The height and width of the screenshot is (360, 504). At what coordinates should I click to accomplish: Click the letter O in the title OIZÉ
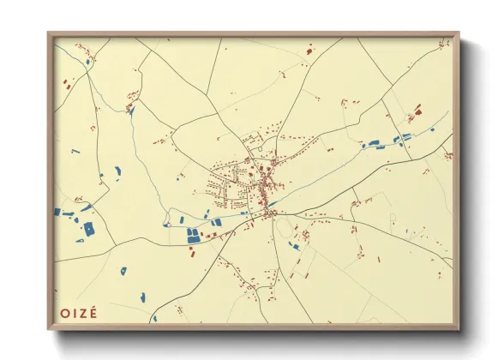pos(65,313)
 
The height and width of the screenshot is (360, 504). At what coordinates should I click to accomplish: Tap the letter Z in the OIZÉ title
pos(84,313)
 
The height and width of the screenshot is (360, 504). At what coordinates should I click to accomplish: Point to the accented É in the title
pos(93,312)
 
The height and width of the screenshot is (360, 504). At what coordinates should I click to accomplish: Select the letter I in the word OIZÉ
pos(75,313)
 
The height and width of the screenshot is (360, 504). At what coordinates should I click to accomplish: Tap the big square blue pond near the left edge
pos(88,229)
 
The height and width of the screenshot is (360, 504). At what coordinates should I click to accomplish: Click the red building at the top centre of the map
pos(308,51)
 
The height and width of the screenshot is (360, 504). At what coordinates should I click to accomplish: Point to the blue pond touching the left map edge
pos(57,212)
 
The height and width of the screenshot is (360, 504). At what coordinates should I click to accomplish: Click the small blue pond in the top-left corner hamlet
pos(87,61)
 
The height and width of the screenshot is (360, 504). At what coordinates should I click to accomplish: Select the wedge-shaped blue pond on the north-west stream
pos(131,110)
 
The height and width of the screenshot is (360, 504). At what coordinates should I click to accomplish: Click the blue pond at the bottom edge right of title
pos(155,318)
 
